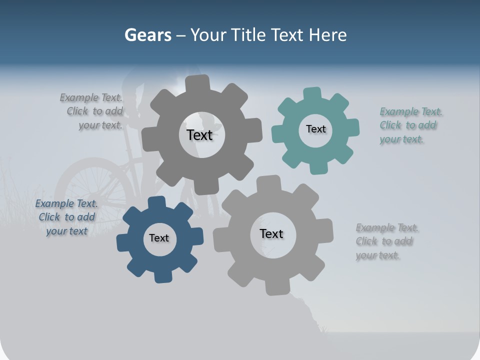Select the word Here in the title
coord(327,35)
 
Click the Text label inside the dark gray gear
coord(199,135)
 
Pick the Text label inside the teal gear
coord(315,129)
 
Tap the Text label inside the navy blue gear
coord(159,238)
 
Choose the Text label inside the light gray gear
coord(271,233)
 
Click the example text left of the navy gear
coord(66,217)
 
